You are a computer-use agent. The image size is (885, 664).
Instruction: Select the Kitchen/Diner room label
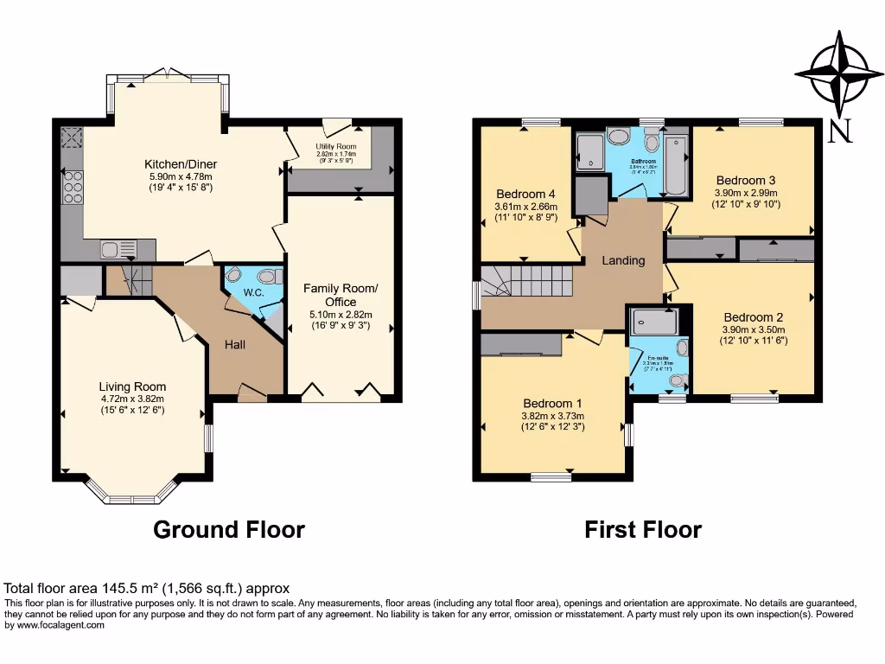point(181,164)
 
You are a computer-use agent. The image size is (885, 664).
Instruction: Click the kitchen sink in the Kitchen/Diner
point(118,250)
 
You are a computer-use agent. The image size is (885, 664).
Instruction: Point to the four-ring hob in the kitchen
point(72,187)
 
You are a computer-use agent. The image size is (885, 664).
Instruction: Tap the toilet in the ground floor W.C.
point(271,278)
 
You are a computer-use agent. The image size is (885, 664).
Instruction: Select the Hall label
point(235,345)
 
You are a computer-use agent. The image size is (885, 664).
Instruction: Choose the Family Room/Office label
point(341,295)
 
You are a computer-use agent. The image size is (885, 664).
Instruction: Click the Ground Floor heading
point(229,529)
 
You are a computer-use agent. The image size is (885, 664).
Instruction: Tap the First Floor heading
point(643,529)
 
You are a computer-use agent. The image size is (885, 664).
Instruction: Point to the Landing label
point(623,260)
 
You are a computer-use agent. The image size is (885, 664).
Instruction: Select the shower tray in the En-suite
point(653,322)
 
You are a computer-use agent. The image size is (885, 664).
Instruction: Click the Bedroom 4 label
point(525,194)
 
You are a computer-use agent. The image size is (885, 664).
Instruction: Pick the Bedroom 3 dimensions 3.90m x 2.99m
point(746,193)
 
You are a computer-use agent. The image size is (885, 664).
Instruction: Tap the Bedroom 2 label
point(754,316)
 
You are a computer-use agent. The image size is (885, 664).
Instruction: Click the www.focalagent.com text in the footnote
point(56,626)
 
